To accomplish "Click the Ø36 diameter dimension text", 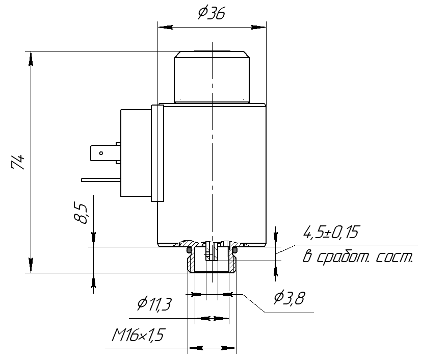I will tap(212, 13).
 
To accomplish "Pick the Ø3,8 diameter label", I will tap(289, 297).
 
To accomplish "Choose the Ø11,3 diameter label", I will tap(154, 304).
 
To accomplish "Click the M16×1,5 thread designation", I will tap(140, 335).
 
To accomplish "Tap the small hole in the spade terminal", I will tap(101, 152).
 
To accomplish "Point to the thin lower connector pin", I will tap(100, 179).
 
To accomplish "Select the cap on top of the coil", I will tap(211, 76).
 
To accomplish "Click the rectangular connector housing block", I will tap(135, 153).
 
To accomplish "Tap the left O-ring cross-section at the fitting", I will tap(189, 250).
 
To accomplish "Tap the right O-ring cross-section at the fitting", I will tap(235, 250).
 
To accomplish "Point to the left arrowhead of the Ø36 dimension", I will tap(163, 27).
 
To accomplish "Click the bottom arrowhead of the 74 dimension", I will tap(31, 268).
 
